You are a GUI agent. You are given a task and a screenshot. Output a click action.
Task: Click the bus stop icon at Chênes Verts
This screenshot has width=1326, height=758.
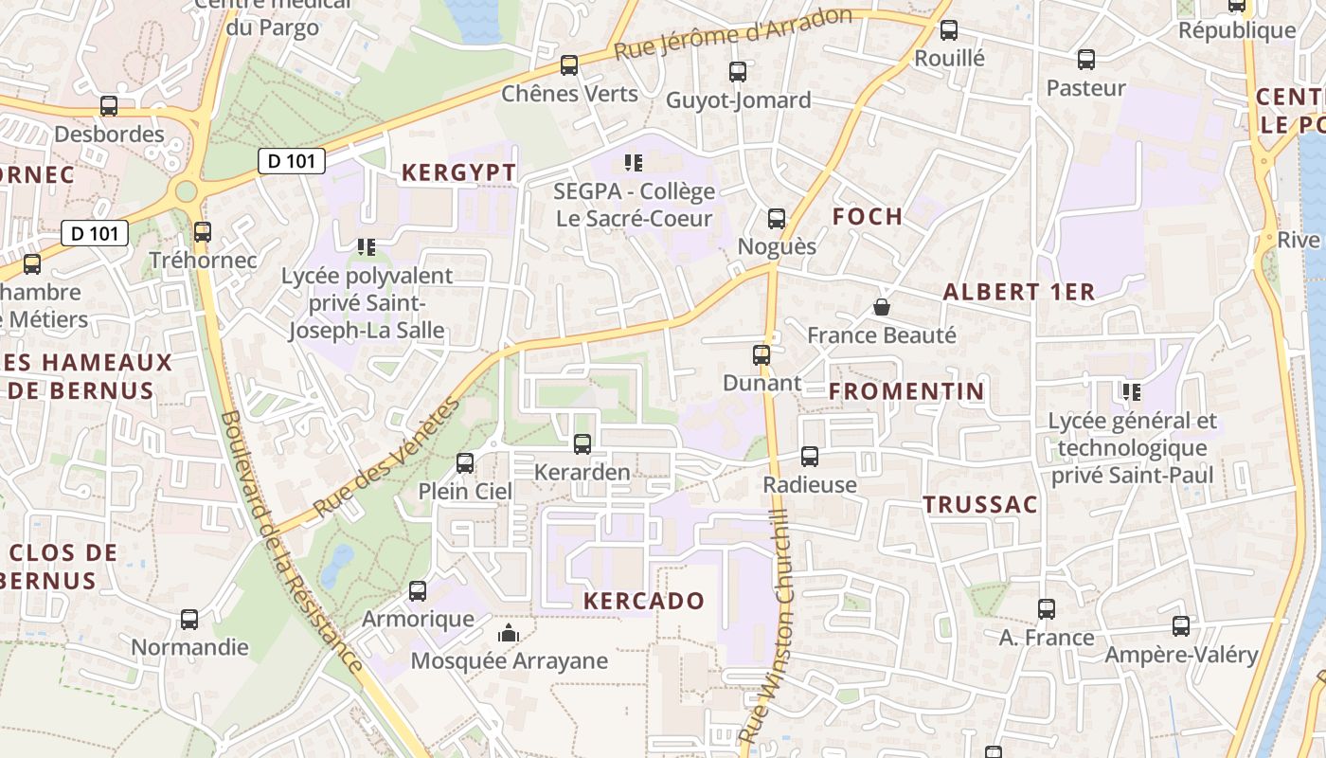click(569, 65)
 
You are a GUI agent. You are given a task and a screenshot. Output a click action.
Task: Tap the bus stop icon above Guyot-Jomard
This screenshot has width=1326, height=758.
click(738, 71)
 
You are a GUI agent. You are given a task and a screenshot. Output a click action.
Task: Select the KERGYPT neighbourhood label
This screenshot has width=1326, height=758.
click(459, 172)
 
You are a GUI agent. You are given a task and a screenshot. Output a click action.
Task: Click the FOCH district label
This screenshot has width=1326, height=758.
click(868, 217)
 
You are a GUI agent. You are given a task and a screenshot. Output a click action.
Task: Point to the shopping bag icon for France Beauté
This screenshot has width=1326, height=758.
click(882, 307)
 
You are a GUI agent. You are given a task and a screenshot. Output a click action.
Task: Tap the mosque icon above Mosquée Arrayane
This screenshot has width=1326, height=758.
click(509, 633)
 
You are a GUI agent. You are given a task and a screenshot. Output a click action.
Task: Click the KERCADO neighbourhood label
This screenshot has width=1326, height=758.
click(644, 601)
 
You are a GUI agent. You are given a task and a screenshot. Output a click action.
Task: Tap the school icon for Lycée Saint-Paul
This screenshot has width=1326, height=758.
click(1131, 391)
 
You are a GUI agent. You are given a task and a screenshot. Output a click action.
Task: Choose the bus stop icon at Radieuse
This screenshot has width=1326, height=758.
click(810, 457)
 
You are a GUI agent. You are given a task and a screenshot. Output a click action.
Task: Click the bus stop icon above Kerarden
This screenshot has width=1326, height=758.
click(582, 443)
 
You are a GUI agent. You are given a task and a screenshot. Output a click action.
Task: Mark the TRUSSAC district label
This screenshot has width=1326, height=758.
click(980, 505)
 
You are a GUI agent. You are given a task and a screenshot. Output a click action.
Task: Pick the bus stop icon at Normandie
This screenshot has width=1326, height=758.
click(189, 620)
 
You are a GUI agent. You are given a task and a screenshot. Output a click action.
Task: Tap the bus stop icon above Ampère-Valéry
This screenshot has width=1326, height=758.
click(1181, 626)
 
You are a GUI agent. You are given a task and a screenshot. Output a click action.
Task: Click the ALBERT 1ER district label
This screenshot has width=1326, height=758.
click(1019, 293)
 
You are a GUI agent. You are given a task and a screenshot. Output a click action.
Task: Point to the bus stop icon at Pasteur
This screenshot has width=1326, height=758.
click(1086, 60)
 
